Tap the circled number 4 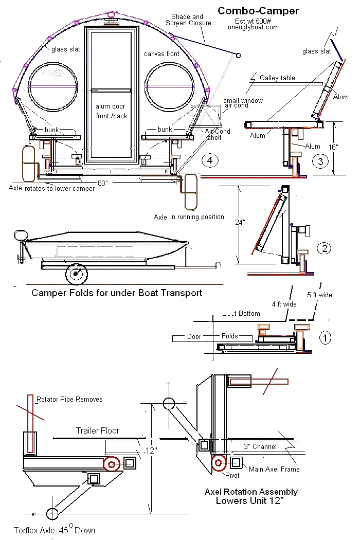tap(209, 160)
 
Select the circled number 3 tap(320, 161)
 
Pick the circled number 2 tap(324, 248)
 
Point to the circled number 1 tap(325, 337)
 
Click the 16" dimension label tap(333, 147)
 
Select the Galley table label tap(277, 78)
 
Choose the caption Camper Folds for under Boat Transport tap(117, 293)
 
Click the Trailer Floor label tap(98, 430)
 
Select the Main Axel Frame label tap(274, 469)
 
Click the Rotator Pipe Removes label tap(69, 399)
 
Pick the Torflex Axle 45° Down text tap(55, 530)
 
